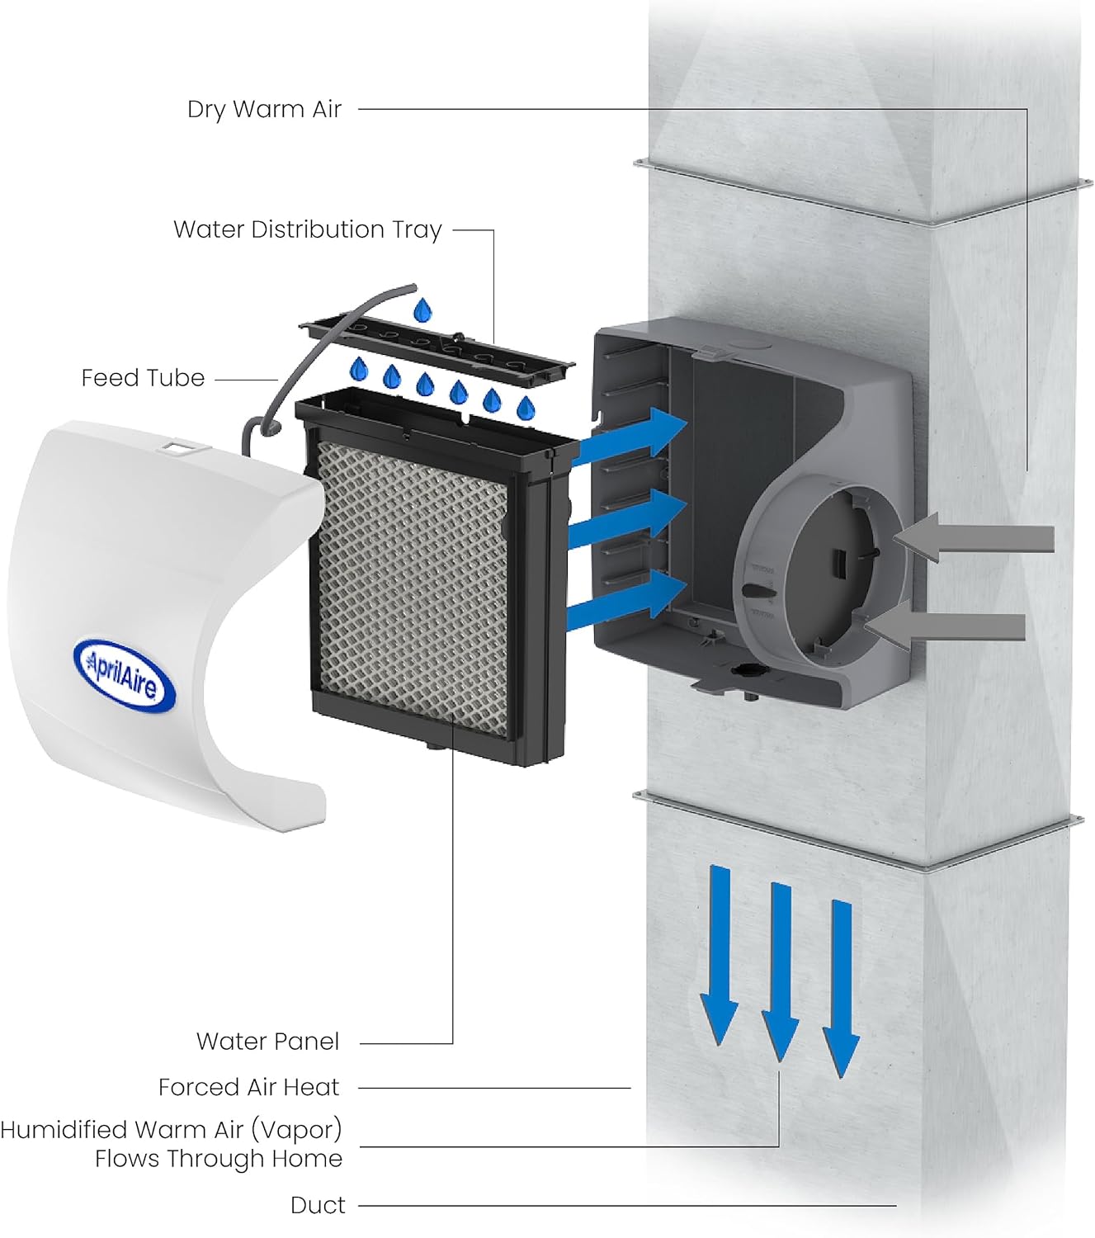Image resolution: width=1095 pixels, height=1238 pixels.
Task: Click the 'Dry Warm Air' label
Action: point(264,109)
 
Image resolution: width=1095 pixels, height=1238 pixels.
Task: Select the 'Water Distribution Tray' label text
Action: point(307,229)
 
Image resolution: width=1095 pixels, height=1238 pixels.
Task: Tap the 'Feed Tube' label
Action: point(143,378)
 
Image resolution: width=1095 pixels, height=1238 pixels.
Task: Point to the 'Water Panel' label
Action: point(267,1042)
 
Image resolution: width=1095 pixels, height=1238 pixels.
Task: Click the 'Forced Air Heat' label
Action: point(248,1088)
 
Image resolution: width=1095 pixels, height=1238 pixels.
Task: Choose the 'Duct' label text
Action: point(318,1206)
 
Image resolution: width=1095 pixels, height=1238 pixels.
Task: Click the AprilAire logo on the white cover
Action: point(125,674)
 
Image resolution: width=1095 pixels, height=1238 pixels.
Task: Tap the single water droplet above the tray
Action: point(422,310)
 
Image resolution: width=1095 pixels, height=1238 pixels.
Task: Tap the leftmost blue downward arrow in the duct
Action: point(720,953)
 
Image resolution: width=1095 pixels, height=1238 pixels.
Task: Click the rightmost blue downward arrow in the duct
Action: point(842,986)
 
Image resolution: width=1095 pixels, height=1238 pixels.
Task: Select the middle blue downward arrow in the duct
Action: point(781,970)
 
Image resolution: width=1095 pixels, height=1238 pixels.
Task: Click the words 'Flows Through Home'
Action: point(218,1159)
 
